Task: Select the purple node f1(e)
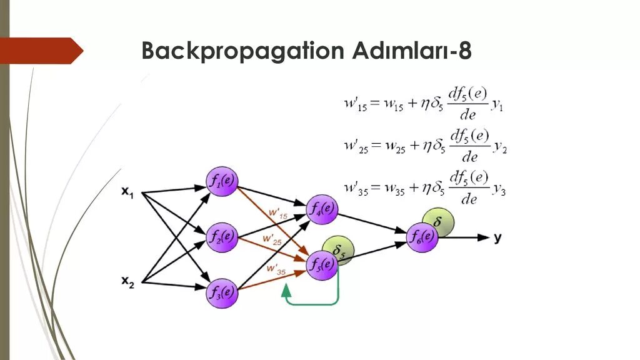coord(222,182)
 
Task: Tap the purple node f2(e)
coord(222,236)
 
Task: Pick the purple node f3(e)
coord(222,292)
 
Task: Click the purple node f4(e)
coord(321,209)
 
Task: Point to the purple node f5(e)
coord(321,265)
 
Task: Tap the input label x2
coord(127,282)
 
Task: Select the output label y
coord(497,237)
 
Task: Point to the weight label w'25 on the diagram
coord(272,239)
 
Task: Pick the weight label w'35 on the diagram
coord(273,269)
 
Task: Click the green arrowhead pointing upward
coord(286,289)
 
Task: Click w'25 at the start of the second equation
coord(356,147)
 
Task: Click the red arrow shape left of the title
coord(41,50)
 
